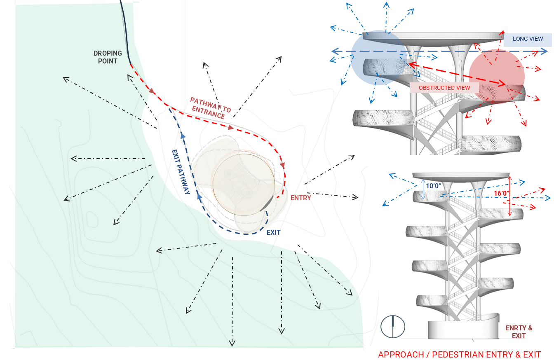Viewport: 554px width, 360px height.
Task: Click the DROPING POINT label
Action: (x=108, y=57)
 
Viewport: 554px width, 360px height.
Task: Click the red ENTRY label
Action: (x=300, y=198)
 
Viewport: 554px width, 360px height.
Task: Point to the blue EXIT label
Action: (x=273, y=232)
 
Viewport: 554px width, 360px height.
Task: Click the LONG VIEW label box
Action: (x=528, y=39)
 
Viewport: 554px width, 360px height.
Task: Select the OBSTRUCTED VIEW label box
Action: (x=444, y=88)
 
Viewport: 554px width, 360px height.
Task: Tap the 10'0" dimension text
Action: (x=434, y=186)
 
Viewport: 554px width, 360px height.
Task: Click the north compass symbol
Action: (x=393, y=327)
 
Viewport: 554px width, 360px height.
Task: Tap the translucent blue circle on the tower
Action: (x=378, y=58)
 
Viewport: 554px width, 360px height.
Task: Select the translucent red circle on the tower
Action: (x=497, y=76)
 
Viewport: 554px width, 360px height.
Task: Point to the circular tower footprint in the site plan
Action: (x=244, y=185)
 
